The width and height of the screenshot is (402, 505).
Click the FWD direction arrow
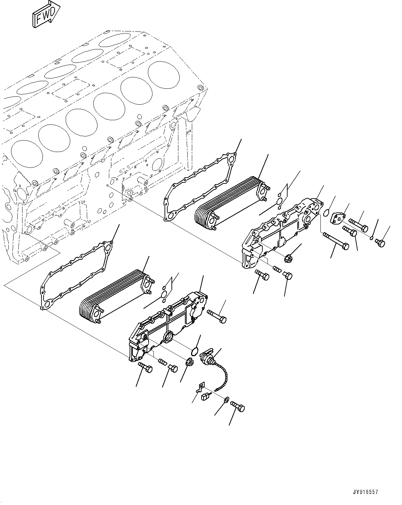click(x=46, y=16)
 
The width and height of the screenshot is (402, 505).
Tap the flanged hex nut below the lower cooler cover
click(x=190, y=363)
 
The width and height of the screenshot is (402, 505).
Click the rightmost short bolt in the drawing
click(x=380, y=243)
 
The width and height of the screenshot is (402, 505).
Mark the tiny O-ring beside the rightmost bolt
click(x=371, y=238)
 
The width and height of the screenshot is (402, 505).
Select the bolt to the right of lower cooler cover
click(x=217, y=316)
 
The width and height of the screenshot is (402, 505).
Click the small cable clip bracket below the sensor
click(x=199, y=388)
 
